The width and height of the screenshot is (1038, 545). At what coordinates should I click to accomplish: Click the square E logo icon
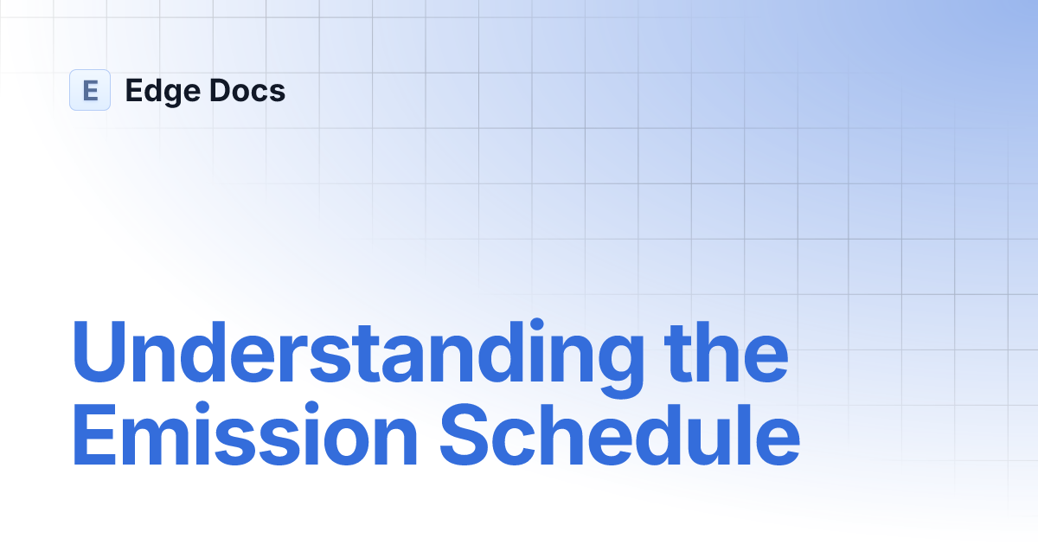click(90, 90)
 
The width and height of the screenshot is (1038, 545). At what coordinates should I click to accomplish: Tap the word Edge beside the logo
click(163, 92)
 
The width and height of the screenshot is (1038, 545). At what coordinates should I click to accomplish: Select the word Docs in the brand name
click(247, 90)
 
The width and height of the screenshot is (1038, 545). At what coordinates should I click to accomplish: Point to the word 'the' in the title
click(726, 352)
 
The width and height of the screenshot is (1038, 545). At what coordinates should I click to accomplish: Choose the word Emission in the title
click(246, 434)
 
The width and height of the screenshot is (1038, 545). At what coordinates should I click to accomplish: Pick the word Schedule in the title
click(619, 433)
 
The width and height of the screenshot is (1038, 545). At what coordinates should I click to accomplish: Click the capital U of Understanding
click(99, 352)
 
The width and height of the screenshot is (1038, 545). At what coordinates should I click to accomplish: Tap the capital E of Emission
click(94, 434)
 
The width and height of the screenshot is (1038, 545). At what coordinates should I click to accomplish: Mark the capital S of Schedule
click(464, 434)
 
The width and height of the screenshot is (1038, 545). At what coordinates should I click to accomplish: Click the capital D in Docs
click(221, 90)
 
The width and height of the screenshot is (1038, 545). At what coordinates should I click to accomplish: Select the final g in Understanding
click(620, 367)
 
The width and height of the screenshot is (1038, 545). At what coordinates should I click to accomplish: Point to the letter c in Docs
click(259, 93)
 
